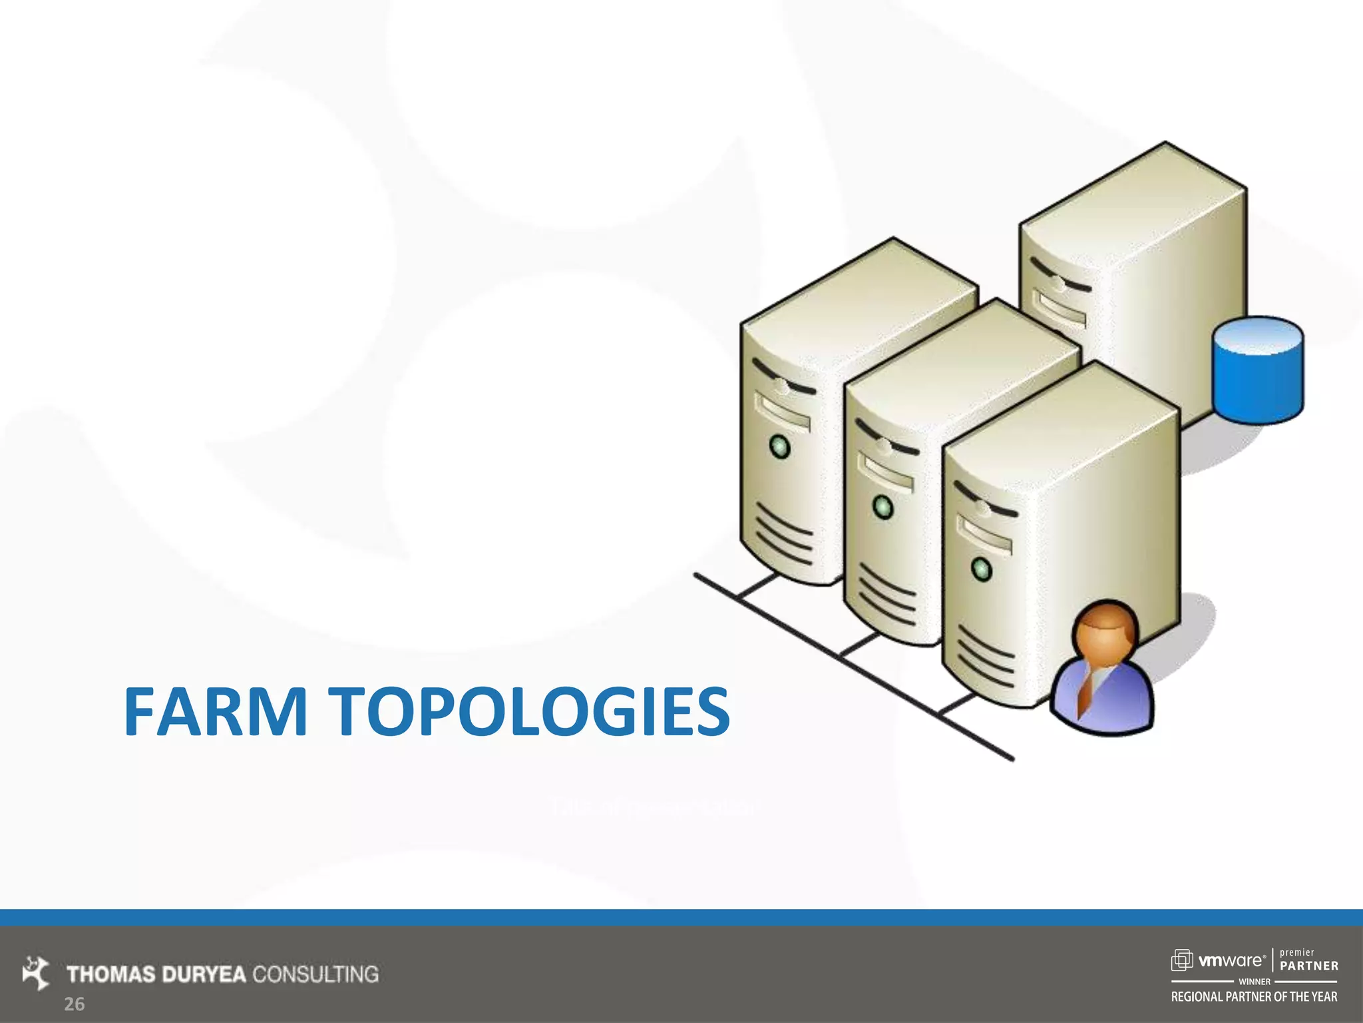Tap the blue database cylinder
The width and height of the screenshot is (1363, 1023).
coord(1257,370)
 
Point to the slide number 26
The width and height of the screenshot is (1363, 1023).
coord(74,1004)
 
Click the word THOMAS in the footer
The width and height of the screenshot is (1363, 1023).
coord(110,974)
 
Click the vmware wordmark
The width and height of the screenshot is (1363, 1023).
coord(1231,960)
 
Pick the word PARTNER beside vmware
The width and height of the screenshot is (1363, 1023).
coord(1308,966)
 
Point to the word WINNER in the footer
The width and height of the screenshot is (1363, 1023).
coord(1255,982)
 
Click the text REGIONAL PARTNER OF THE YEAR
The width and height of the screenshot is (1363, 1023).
coord(1254,997)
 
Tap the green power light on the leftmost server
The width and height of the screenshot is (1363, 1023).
coord(779,446)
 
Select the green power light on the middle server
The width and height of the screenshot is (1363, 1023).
coord(882,507)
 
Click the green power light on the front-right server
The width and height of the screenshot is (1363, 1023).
coord(981,569)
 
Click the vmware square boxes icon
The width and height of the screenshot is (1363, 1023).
coord(1182,960)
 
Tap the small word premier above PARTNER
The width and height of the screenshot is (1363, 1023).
coord(1297,952)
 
